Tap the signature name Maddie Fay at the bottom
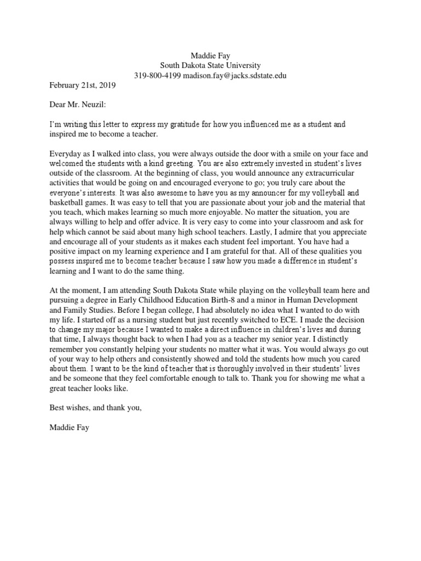pos(69,426)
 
